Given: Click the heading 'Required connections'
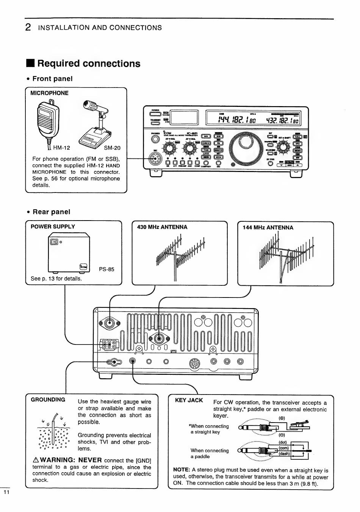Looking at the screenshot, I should pos(89,64).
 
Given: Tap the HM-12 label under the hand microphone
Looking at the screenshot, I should pos(61,148).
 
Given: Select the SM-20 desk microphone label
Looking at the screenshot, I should pos(112,148).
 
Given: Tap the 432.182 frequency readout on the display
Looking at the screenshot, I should pos(282,120).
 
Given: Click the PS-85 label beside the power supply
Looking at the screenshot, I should pos(106,269).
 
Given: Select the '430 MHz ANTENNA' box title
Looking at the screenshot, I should pos(162,227).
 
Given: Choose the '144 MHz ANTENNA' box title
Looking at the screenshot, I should pos(268,227).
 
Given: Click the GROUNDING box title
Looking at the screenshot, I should pos(48,399).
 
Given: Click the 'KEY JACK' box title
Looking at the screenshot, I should pos(189,400).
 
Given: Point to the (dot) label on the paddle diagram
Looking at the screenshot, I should pos(283,442).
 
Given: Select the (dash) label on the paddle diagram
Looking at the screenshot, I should pos(284,453).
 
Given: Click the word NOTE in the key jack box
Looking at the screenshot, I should pos(181,470).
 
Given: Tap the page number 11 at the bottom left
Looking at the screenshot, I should pos(6,492).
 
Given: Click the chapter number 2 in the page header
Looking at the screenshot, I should pos(28,27).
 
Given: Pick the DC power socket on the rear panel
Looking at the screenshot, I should pos(109,344).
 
